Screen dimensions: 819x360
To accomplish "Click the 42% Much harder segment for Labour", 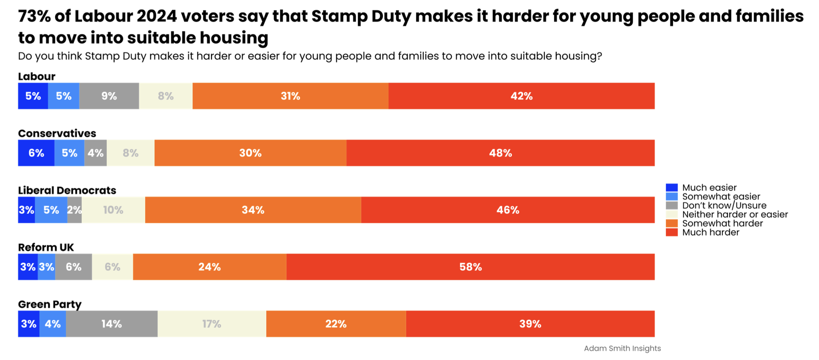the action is (x=522, y=96).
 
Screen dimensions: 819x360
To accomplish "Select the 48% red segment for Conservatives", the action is (x=500, y=153).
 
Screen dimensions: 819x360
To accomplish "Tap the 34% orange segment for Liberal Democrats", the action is (x=253, y=210).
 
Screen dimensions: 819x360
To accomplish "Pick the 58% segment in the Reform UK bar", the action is (x=470, y=266).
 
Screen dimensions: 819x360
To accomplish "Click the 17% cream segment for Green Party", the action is (x=212, y=323).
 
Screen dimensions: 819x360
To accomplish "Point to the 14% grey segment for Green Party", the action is (x=112, y=323).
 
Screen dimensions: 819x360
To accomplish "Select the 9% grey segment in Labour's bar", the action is (x=109, y=96).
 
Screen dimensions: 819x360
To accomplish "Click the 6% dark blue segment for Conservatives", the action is (x=36, y=153).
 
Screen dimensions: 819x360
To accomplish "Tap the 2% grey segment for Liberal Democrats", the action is (x=75, y=210).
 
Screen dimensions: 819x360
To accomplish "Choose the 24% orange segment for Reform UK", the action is (x=210, y=266).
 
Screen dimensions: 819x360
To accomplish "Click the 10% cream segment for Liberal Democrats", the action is (x=113, y=210).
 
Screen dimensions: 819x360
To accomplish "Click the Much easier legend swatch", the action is (x=672, y=187).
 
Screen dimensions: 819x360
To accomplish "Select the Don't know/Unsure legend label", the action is (x=724, y=206).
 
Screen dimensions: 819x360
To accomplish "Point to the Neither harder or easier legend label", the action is (x=735, y=214).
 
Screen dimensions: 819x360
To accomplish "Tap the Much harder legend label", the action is (x=710, y=232).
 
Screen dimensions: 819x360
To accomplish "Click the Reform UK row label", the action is (x=46, y=247).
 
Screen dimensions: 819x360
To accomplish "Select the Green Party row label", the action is (x=50, y=304).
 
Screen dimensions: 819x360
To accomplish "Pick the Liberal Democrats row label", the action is (x=67, y=190).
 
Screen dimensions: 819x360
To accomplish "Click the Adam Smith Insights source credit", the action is (x=622, y=348).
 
